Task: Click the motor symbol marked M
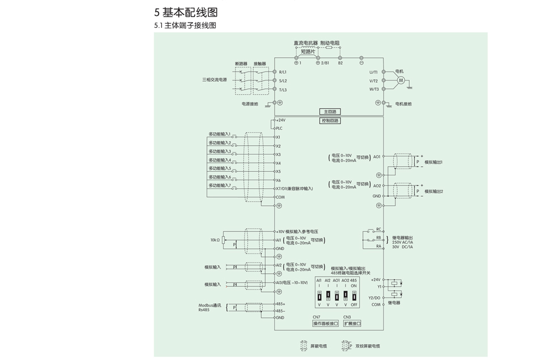401,81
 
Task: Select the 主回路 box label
330,112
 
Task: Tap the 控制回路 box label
330,121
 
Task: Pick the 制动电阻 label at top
330,43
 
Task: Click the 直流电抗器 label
305,43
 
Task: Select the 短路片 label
308,52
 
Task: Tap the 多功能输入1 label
220,134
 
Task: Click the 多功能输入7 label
220,185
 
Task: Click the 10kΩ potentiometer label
215,240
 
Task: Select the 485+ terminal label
280,304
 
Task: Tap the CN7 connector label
317,317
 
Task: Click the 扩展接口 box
352,323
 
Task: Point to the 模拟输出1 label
433,162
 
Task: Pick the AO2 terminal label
377,185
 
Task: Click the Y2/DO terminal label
374,298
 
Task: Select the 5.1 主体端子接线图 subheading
185,26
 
